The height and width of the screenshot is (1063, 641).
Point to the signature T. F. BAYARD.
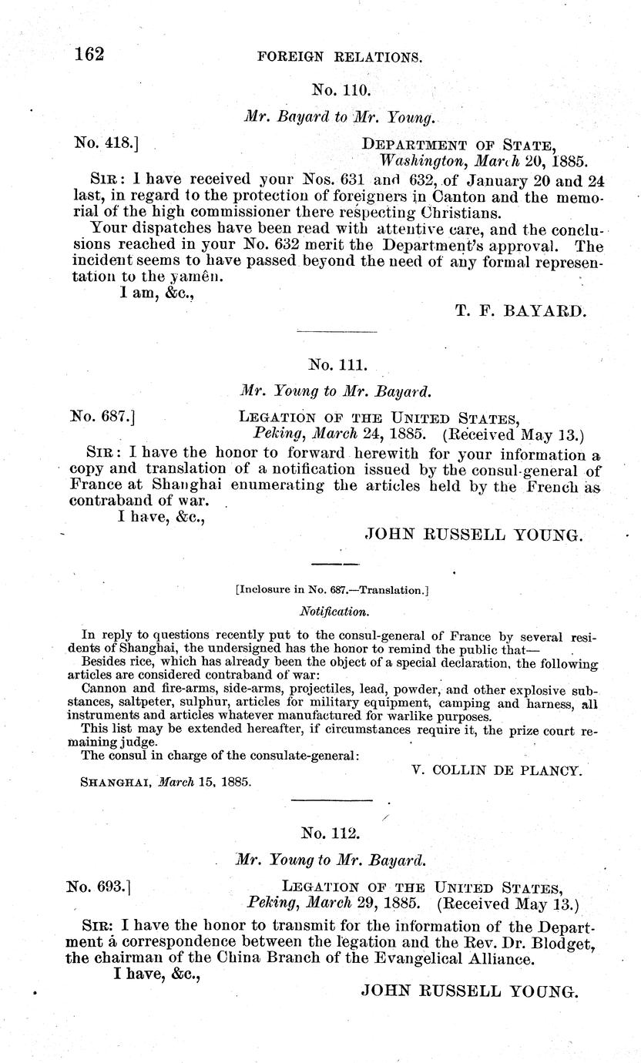(521, 310)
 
